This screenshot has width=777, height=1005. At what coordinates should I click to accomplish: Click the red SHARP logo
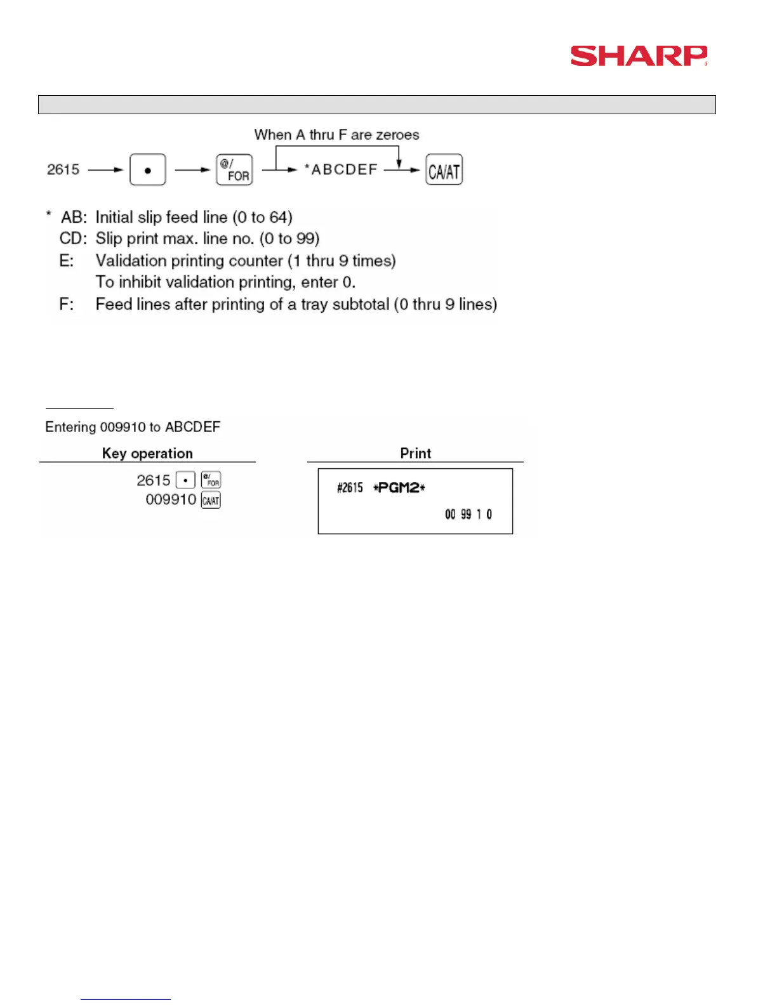click(639, 56)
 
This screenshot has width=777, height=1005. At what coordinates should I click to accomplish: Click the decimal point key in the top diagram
click(147, 170)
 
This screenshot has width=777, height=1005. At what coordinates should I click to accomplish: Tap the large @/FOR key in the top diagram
click(234, 170)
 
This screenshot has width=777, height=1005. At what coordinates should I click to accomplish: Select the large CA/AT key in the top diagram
click(444, 170)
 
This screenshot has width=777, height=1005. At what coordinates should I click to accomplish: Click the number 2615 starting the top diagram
click(63, 169)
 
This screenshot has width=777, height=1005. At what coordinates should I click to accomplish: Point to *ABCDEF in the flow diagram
click(341, 169)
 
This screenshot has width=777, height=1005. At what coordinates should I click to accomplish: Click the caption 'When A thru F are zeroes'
click(336, 135)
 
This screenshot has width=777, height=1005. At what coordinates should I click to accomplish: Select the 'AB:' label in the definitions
click(74, 217)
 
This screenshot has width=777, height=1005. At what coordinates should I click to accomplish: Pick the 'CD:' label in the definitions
click(73, 239)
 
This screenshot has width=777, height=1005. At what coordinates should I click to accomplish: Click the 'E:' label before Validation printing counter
click(67, 261)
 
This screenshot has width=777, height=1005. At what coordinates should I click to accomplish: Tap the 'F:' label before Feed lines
click(67, 305)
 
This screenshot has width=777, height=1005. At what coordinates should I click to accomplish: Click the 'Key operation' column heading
click(147, 453)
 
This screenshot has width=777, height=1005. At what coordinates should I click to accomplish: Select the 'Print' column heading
click(415, 453)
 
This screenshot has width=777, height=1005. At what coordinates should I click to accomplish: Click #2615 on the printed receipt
click(350, 487)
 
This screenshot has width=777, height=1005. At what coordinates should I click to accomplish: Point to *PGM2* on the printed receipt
click(399, 487)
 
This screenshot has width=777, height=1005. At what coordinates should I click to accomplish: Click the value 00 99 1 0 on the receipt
click(468, 514)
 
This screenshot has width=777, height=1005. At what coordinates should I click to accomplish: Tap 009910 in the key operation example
click(171, 499)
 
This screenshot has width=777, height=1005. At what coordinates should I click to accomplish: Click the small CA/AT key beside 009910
click(211, 501)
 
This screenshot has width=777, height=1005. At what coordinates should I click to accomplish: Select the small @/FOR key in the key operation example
click(211, 480)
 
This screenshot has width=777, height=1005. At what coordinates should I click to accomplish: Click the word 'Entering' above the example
click(70, 427)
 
